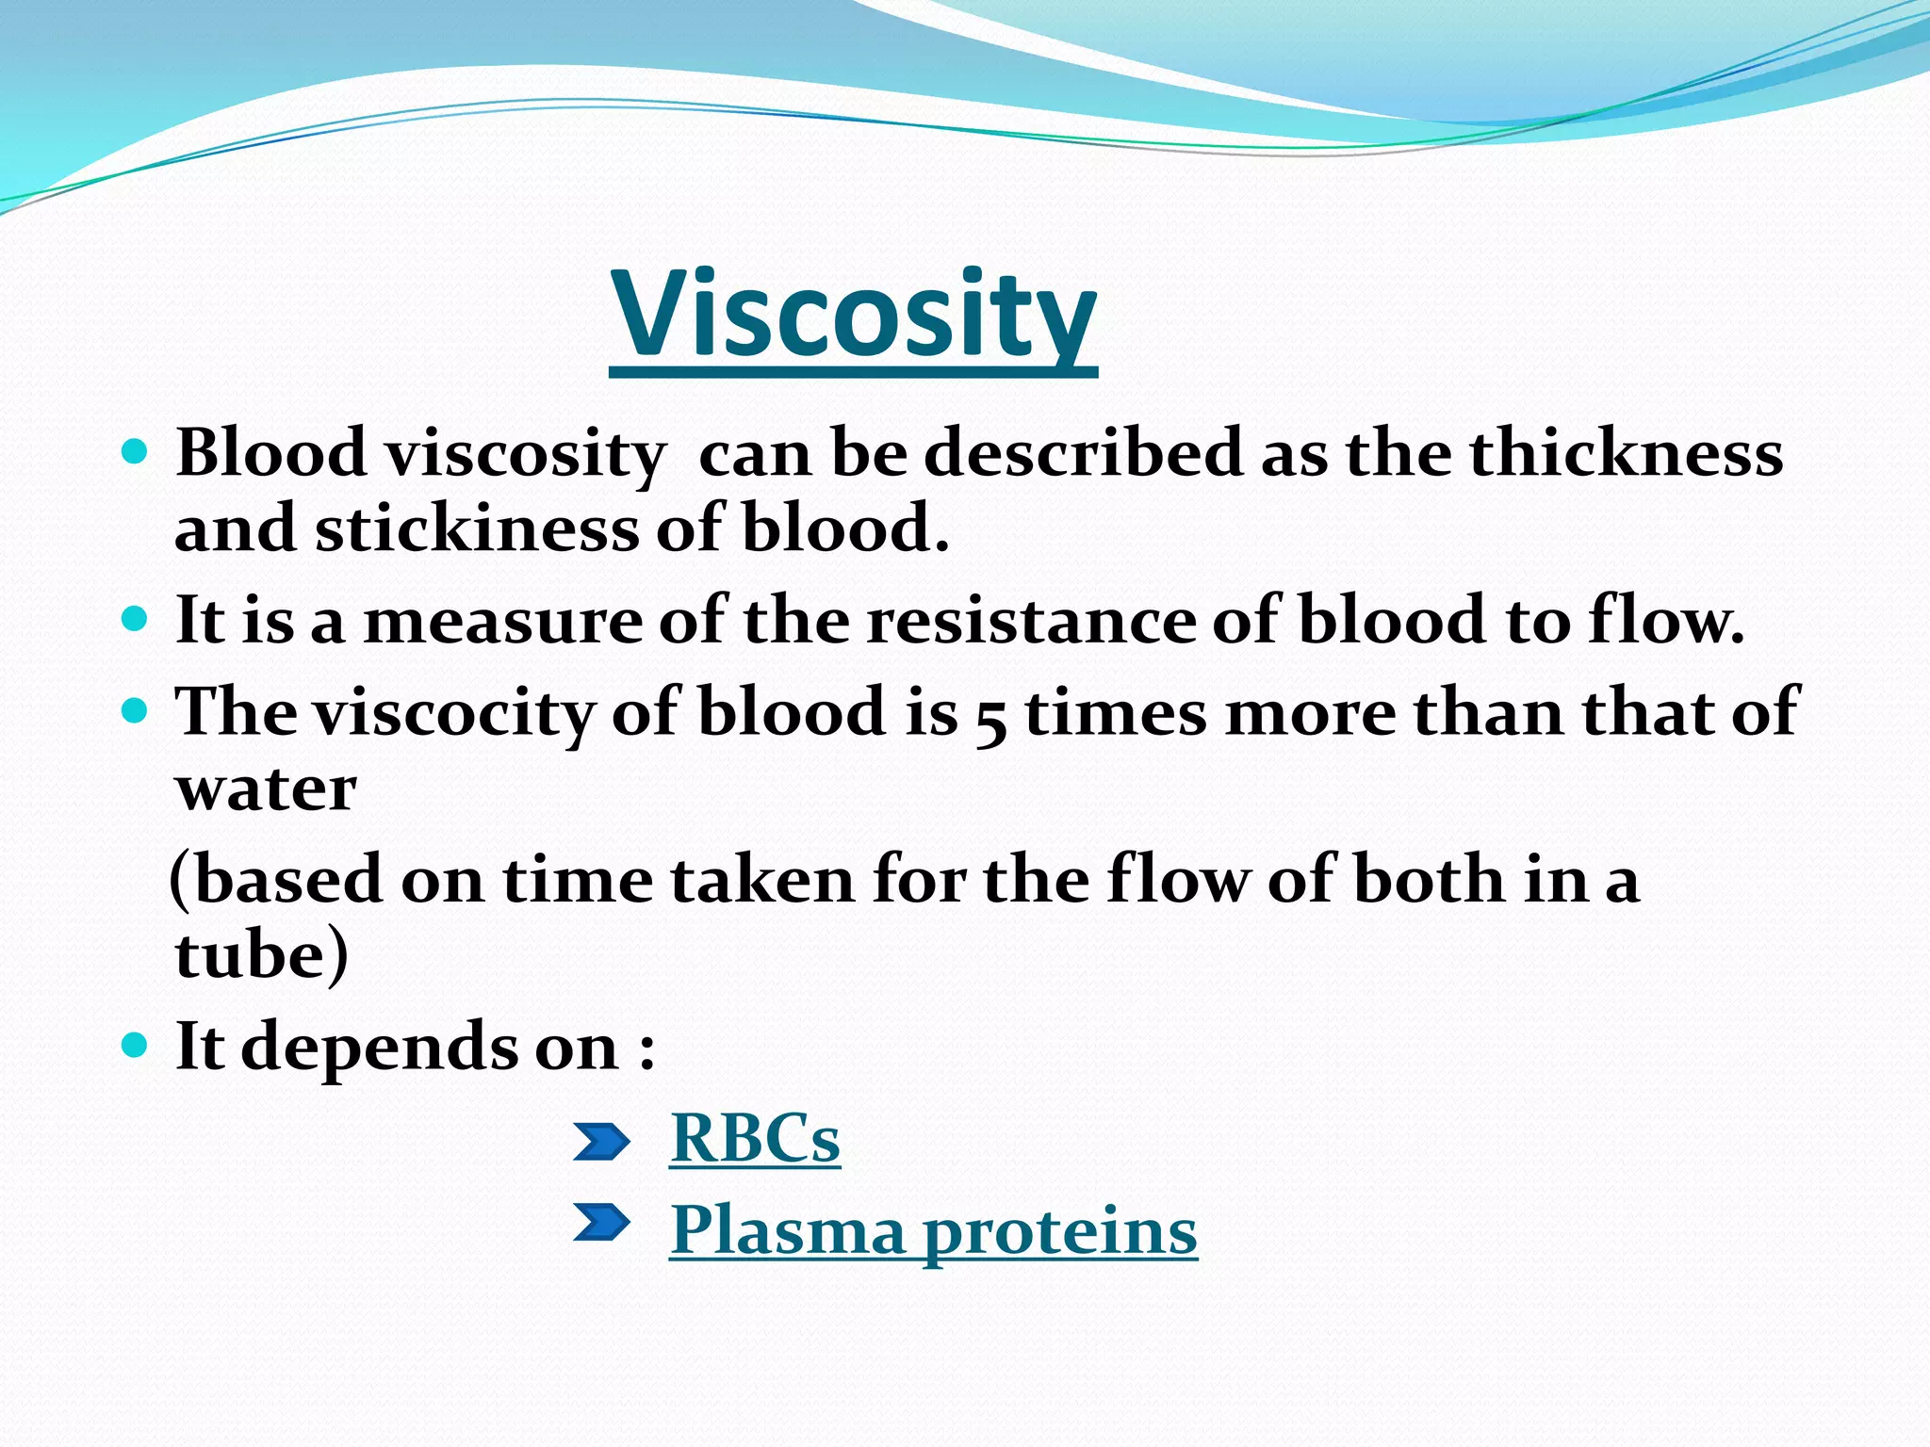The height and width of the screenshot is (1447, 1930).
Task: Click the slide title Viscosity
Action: click(853, 316)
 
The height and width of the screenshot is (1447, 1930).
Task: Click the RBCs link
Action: click(754, 1140)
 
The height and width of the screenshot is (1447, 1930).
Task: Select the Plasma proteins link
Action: click(933, 1231)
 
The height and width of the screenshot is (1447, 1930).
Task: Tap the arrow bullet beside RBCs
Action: click(601, 1142)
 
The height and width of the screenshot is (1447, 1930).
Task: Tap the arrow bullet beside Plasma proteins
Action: click(601, 1223)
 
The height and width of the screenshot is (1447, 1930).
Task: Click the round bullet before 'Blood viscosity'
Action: click(136, 452)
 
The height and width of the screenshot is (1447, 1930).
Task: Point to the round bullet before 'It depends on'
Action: click(136, 1045)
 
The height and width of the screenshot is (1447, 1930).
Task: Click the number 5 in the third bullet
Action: click(990, 718)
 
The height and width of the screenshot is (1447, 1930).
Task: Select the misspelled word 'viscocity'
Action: click(453, 714)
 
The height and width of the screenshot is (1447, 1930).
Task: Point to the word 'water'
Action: click(266, 789)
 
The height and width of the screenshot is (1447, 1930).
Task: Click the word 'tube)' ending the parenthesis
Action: click(261, 957)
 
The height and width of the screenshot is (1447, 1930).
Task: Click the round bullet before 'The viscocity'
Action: click(136, 710)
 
